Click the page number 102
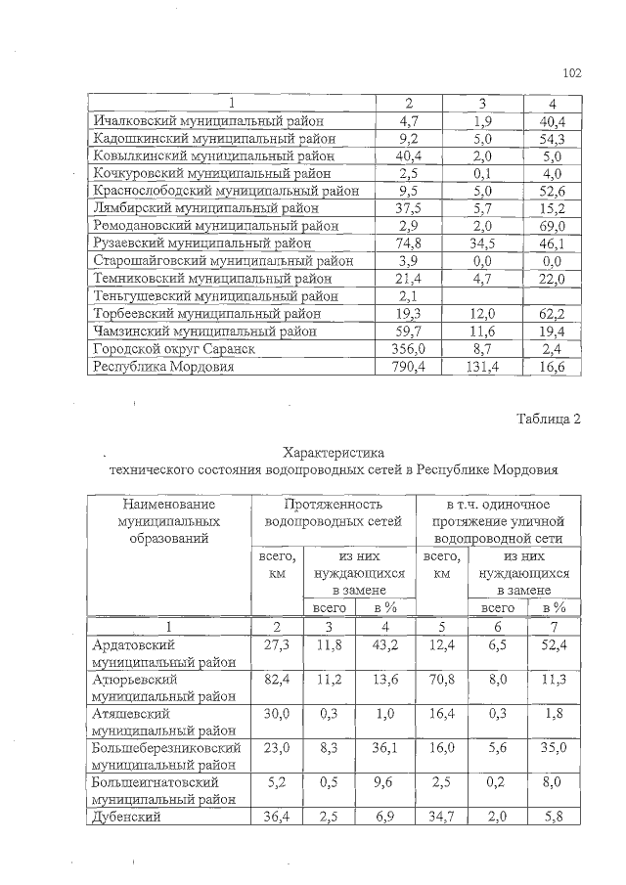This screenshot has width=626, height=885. click(572, 73)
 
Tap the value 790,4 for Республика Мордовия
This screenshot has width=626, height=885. click(410, 368)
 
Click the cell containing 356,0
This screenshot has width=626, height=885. click(410, 349)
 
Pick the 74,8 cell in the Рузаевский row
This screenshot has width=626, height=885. click(410, 243)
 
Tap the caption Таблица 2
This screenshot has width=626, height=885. click(549, 420)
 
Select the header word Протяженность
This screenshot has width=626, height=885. click(334, 503)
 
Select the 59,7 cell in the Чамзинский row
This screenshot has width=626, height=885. click(410, 332)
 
